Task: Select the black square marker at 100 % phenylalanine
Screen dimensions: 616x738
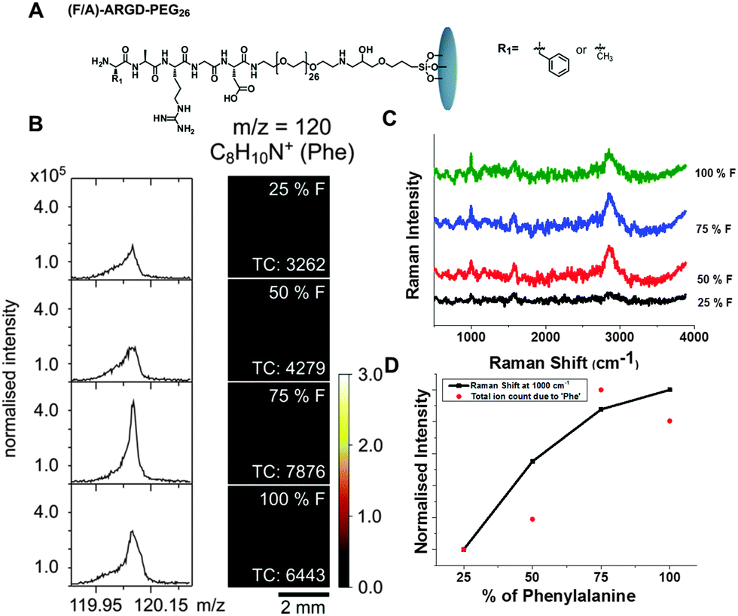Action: pos(669,390)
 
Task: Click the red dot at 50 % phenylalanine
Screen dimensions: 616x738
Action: pos(532,519)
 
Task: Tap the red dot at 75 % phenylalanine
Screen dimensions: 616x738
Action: pos(601,390)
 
